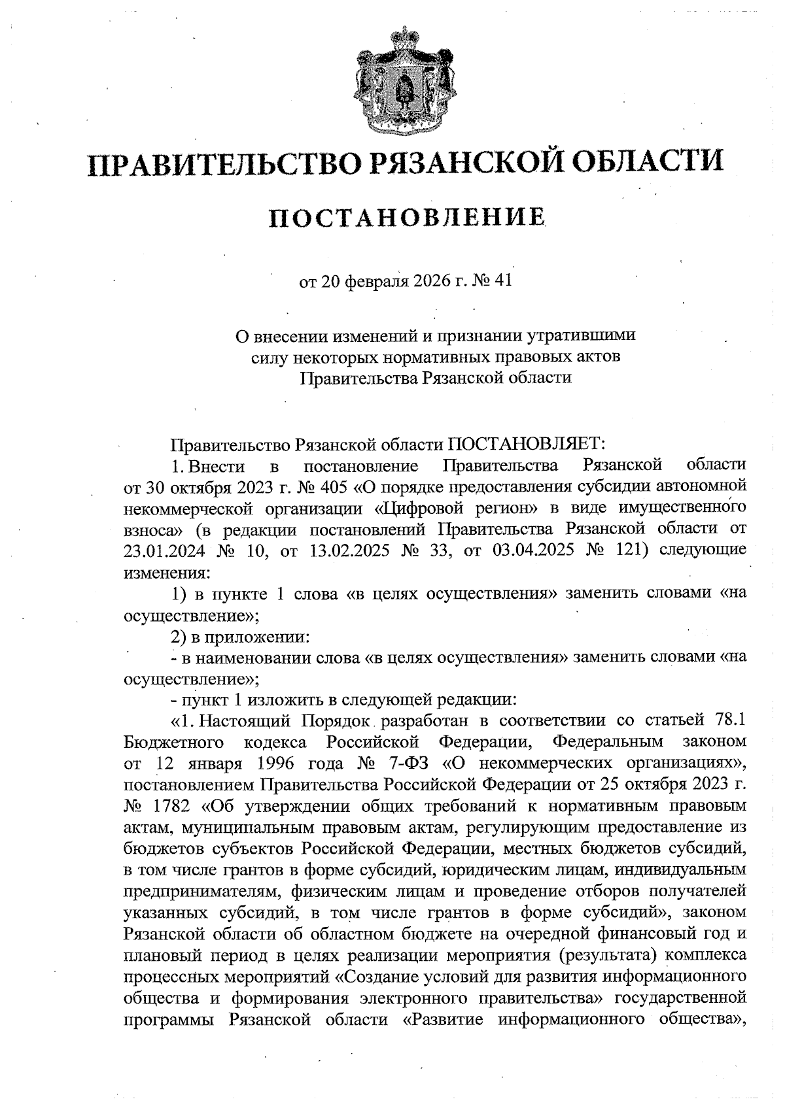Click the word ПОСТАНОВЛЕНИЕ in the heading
pos(408,218)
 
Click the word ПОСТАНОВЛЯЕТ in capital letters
pos(527,445)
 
